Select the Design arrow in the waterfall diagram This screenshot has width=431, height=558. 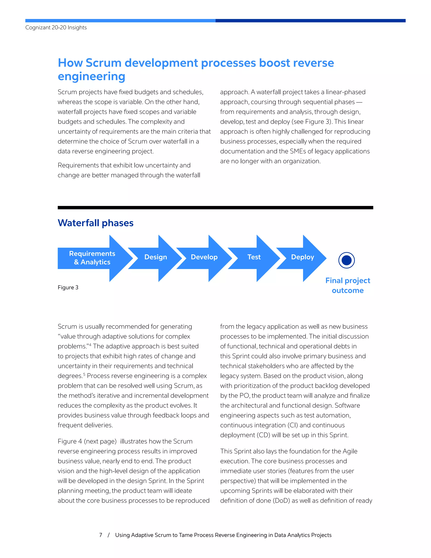156,257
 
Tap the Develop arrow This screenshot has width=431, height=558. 204,257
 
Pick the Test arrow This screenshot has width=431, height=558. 254,257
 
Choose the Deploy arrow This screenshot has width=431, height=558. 302,257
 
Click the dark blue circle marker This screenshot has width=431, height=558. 346,260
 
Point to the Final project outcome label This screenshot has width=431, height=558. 347,285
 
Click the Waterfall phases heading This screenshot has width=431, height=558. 96,223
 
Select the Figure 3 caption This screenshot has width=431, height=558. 68,287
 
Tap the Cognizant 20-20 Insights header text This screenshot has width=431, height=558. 56,28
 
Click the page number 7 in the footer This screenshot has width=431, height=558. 101,535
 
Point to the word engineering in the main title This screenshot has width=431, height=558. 91,76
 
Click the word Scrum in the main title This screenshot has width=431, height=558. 103,63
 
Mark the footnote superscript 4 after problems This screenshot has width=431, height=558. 90,345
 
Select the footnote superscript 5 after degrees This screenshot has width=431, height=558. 84,374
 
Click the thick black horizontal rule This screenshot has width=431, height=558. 215,208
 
